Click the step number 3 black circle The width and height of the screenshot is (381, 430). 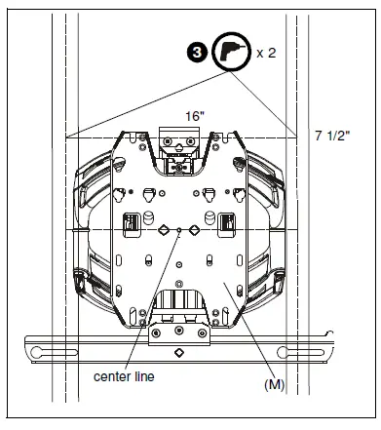tap(197, 53)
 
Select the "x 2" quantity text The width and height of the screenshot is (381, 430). tap(266, 53)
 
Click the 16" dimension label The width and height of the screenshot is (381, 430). tap(195, 116)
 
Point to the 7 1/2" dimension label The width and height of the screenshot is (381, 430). tap(332, 136)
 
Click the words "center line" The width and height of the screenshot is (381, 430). tap(124, 376)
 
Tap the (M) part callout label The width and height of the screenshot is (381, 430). tap(275, 385)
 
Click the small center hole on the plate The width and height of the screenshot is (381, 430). tap(178, 230)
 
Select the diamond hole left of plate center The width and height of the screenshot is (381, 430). tap(164, 230)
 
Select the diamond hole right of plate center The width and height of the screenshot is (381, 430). tap(194, 230)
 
